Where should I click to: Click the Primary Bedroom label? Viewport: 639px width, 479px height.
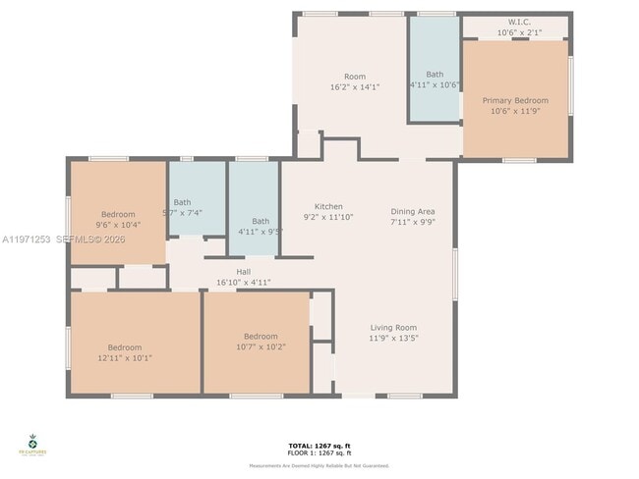(x=515, y=100)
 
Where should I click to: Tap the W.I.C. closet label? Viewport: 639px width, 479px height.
(x=520, y=22)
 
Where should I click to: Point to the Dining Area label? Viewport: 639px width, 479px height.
(x=412, y=211)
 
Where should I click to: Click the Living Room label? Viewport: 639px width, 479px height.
(x=393, y=328)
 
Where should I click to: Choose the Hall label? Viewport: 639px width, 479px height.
(x=243, y=272)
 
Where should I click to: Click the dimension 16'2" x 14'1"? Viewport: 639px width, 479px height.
(x=354, y=86)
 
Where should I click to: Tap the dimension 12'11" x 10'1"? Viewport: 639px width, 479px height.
(x=125, y=357)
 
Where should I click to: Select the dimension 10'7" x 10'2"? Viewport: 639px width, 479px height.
(x=261, y=346)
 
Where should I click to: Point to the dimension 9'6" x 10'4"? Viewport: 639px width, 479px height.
(x=118, y=225)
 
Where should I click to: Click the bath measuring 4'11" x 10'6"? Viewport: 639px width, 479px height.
(x=435, y=75)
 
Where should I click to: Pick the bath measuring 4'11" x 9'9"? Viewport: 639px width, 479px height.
(x=261, y=221)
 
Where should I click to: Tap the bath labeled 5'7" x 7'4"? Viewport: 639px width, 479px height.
(x=183, y=202)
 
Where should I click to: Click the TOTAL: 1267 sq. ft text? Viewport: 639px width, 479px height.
(x=319, y=446)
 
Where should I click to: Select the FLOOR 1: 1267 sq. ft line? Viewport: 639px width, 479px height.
(x=319, y=452)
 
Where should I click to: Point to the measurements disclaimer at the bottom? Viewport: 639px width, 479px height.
(x=319, y=465)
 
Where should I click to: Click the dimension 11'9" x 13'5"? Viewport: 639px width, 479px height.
(x=393, y=339)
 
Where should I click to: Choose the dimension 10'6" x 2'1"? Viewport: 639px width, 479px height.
(x=520, y=32)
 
